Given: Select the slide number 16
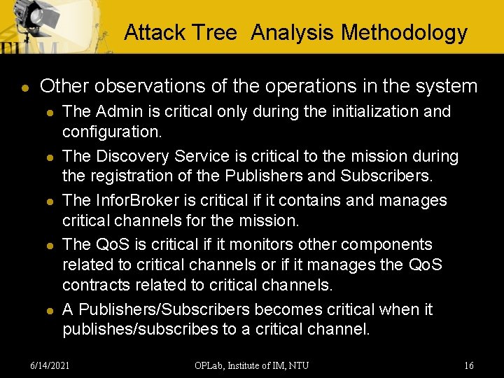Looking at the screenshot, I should click(469, 365).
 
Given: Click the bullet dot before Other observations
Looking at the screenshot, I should click(24, 87).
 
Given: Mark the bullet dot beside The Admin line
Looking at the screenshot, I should click(48, 113).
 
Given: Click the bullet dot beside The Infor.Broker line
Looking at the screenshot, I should click(48, 202).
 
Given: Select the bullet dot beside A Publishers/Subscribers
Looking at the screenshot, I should click(48, 311).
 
